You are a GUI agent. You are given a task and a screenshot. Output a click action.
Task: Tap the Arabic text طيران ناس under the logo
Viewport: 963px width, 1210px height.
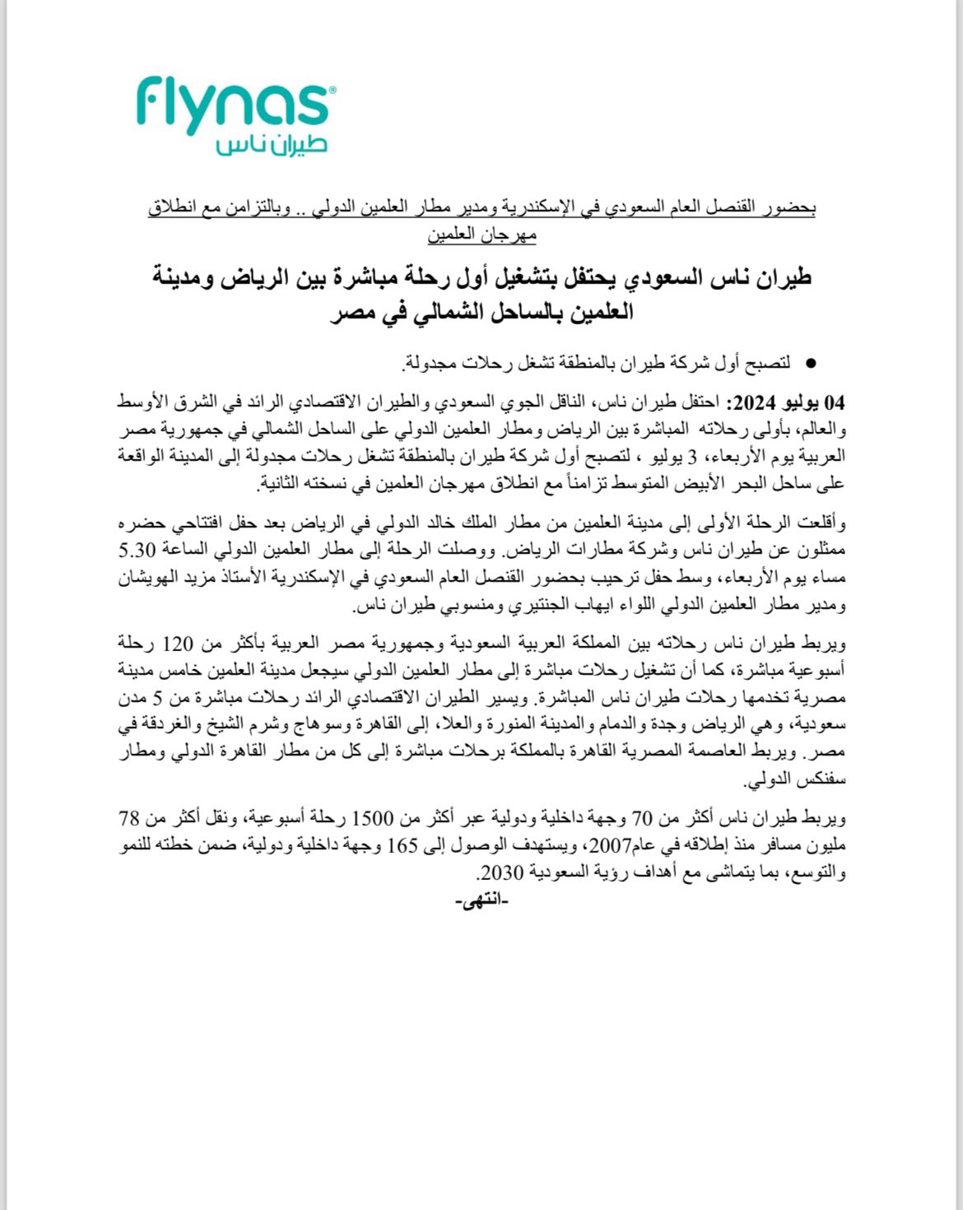(272, 145)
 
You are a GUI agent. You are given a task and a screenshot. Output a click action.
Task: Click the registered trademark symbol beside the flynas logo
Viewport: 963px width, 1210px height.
(333, 90)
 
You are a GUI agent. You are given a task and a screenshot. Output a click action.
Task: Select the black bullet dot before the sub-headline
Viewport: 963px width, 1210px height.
(810, 363)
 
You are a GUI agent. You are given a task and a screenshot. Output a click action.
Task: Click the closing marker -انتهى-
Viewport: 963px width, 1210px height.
(481, 901)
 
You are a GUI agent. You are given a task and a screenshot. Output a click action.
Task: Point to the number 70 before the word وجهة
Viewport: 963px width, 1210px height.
(643, 819)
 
